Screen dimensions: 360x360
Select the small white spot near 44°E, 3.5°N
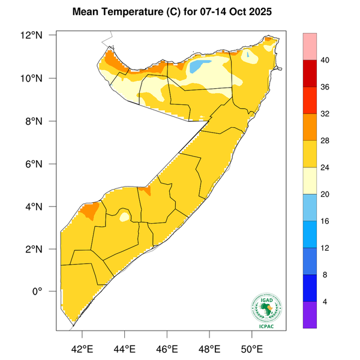[x=124, y=216]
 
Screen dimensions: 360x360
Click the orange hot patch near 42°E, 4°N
[x=89, y=210]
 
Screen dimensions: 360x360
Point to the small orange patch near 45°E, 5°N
[x=145, y=190]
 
